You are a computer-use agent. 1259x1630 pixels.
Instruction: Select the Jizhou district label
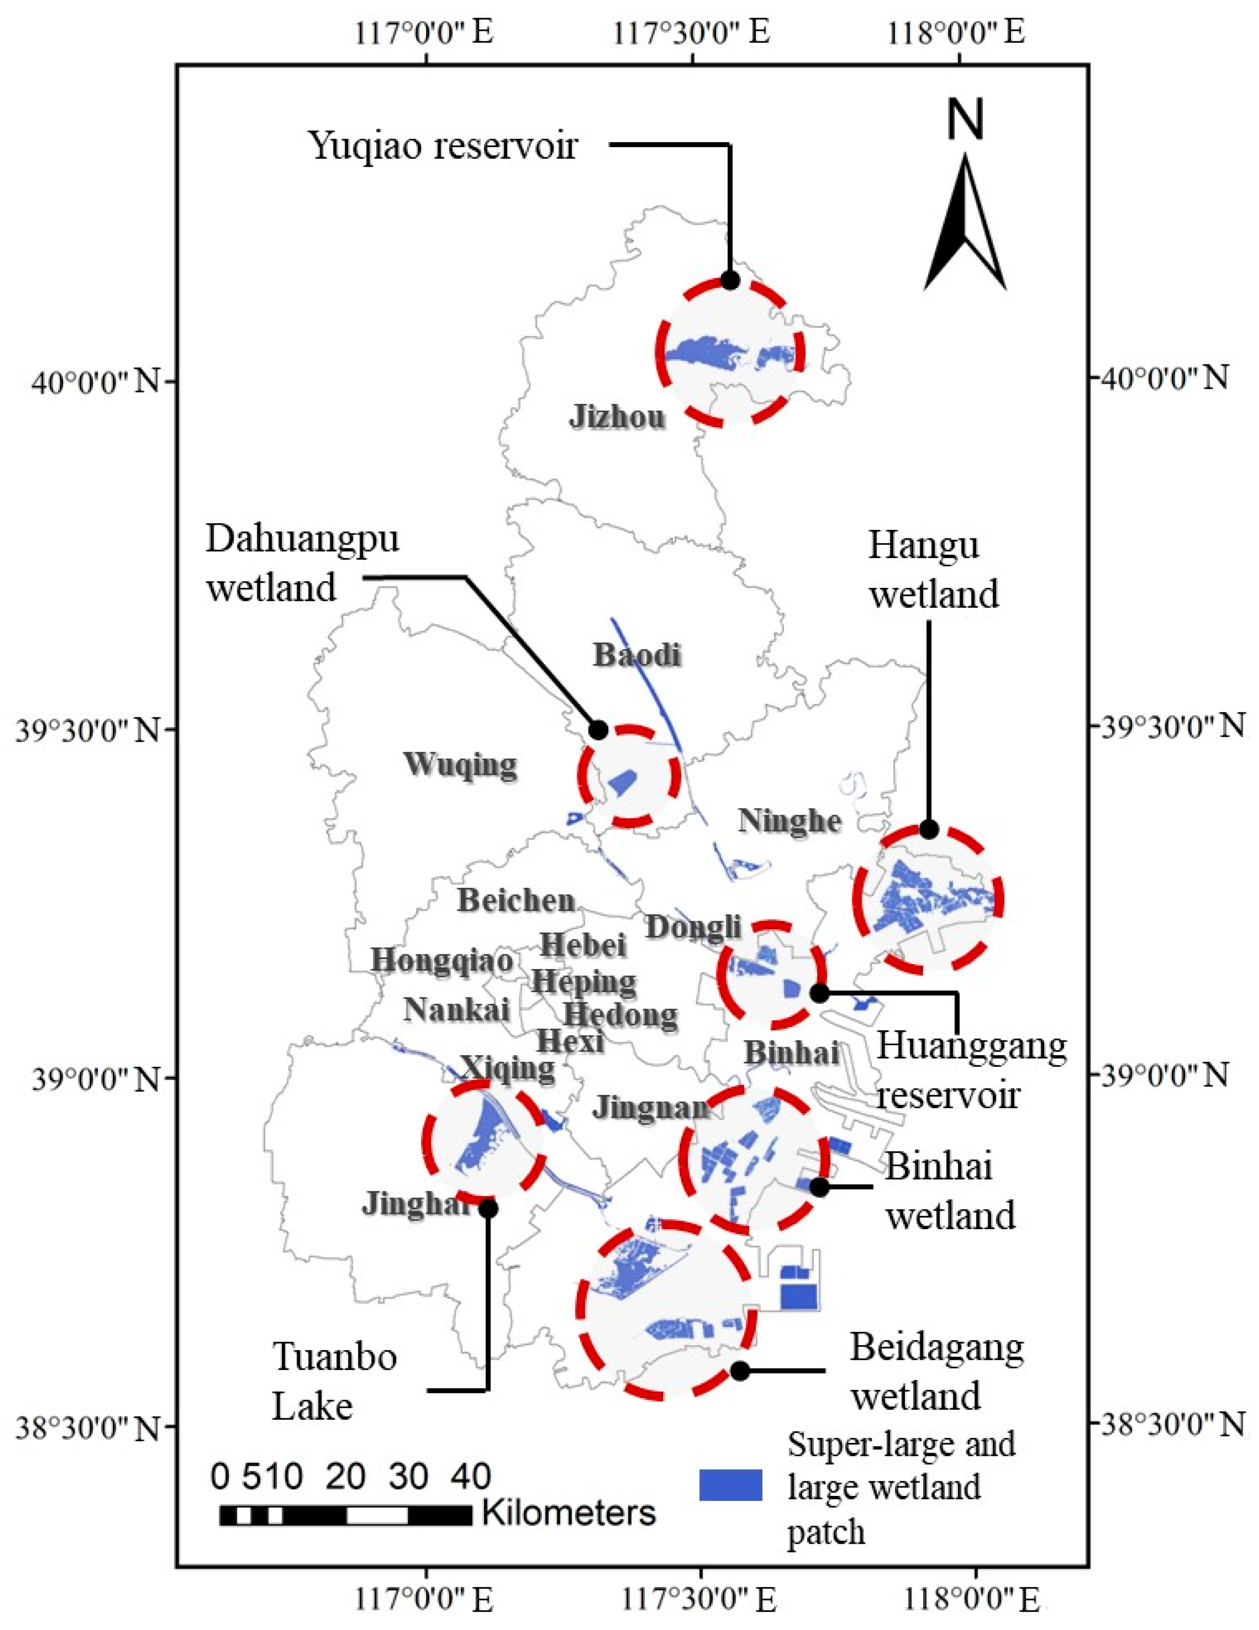tap(617, 416)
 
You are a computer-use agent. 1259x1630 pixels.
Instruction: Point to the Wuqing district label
tap(460, 764)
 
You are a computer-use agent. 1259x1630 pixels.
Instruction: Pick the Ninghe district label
tap(790, 821)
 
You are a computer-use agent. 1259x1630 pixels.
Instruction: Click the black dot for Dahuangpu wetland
tap(598, 730)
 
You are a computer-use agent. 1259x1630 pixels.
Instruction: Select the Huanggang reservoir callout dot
tap(819, 993)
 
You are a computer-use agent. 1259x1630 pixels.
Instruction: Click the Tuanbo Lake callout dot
tap(488, 1209)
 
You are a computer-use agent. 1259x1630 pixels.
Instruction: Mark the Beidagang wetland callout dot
tap(740, 1371)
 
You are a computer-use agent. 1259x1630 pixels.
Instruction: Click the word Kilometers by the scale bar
tap(569, 1513)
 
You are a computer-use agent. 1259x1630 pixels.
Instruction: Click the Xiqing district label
tap(507, 1067)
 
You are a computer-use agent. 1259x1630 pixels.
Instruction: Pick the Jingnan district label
tap(650, 1108)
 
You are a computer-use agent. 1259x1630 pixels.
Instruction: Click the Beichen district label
tap(516, 901)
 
